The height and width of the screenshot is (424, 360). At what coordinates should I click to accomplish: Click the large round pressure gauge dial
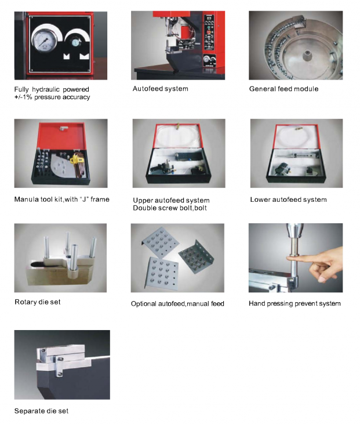coord(45,41)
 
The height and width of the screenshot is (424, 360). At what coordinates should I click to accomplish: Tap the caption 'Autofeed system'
coord(160,89)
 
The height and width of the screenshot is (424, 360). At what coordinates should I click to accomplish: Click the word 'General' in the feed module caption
coord(260,89)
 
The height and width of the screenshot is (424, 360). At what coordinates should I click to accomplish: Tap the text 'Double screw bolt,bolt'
coord(170,208)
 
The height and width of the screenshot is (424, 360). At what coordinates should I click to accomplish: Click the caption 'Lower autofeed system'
coord(288,200)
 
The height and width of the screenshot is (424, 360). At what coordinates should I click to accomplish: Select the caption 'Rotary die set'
coord(38,302)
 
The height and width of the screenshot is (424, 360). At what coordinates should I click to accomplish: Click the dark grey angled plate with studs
coord(196,257)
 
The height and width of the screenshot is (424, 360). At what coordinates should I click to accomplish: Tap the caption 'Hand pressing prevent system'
coord(294,303)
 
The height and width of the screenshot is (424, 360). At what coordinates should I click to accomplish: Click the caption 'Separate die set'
coord(41,411)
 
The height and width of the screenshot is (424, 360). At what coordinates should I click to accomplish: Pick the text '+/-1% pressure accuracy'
coord(52,97)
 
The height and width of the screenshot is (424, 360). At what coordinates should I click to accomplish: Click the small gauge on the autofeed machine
coord(206,59)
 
